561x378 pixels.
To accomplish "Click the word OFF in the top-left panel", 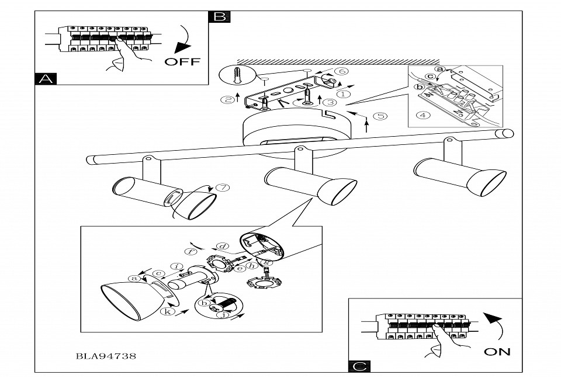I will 182,61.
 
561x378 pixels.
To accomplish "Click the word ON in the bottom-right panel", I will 497,351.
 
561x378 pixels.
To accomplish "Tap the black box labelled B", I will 219,16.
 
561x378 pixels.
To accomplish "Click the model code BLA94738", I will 106,355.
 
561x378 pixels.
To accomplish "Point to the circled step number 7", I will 221,188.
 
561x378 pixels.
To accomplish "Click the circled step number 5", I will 380,115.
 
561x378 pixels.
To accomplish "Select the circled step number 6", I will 343,71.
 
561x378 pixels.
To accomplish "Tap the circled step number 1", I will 344,92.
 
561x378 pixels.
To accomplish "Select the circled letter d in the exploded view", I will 221,246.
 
